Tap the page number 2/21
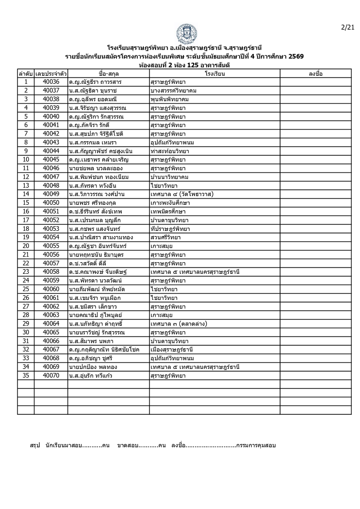pyautogui.click(x=347, y=27)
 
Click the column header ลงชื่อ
pyautogui.click(x=315, y=74)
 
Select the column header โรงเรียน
pyautogui.click(x=215, y=74)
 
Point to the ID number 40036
pyautogui.click(x=51, y=82)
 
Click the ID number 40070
pyautogui.click(x=51, y=376)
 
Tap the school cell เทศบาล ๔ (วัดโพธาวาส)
pyautogui.click(x=182, y=194)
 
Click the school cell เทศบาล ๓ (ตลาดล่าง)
pyautogui.click(x=179, y=324)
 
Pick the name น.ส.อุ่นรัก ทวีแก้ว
pyautogui.click(x=91, y=376)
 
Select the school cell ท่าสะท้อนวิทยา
pyautogui.click(x=170, y=151)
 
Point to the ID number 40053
pyautogui.click(x=51, y=229)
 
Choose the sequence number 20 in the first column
pyautogui.click(x=26, y=246)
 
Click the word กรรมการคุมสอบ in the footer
pyautogui.click(x=256, y=445)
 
